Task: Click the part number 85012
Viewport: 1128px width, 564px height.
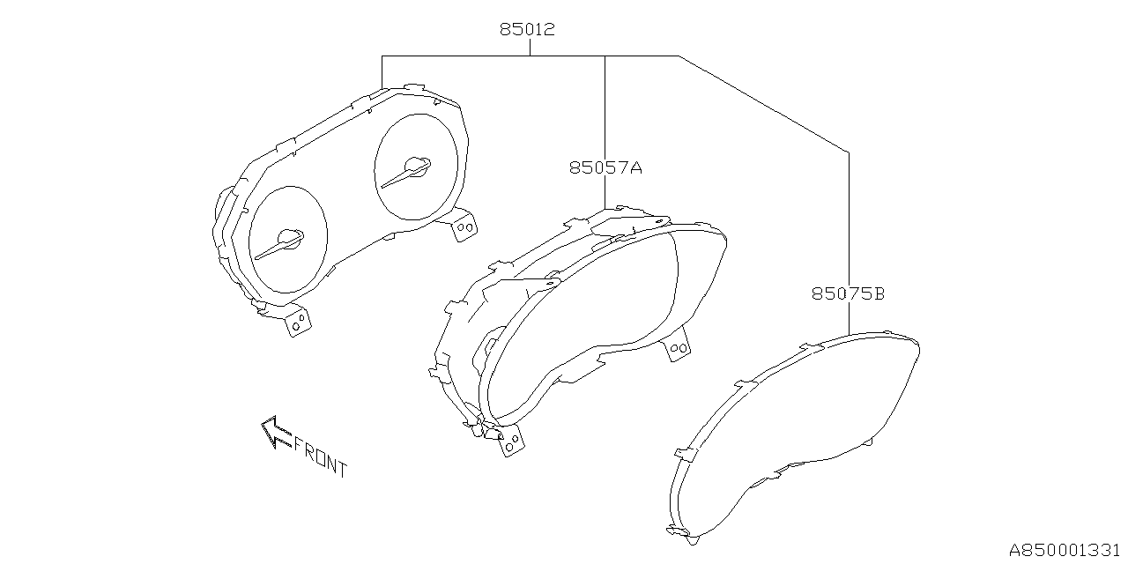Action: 527,29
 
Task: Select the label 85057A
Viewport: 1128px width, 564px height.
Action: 605,167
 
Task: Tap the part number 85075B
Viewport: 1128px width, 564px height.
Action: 848,293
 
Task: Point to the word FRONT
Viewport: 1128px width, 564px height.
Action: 320,456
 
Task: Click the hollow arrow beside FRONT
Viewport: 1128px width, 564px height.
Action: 275,432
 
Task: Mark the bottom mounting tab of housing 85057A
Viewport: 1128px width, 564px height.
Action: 509,442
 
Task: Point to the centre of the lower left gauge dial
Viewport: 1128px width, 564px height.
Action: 288,239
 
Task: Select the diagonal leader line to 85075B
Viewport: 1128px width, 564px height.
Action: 763,104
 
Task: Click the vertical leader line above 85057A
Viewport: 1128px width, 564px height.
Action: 605,106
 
